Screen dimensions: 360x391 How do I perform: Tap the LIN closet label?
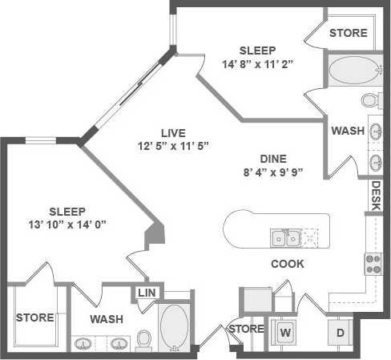pyautogui.click(x=146, y=293)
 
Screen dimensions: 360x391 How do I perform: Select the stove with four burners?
pyautogui.click(x=373, y=263)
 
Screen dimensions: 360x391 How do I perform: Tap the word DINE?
pyautogui.click(x=272, y=159)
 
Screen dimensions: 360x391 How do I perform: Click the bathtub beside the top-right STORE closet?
pyautogui.click(x=357, y=70)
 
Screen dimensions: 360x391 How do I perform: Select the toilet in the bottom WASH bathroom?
pyautogui.click(x=144, y=340)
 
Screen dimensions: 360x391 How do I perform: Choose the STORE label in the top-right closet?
pyautogui.click(x=349, y=33)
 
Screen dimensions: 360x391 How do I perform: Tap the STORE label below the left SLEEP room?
pyautogui.click(x=34, y=318)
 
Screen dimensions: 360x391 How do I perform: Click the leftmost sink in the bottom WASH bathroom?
pyautogui.click(x=83, y=344)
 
